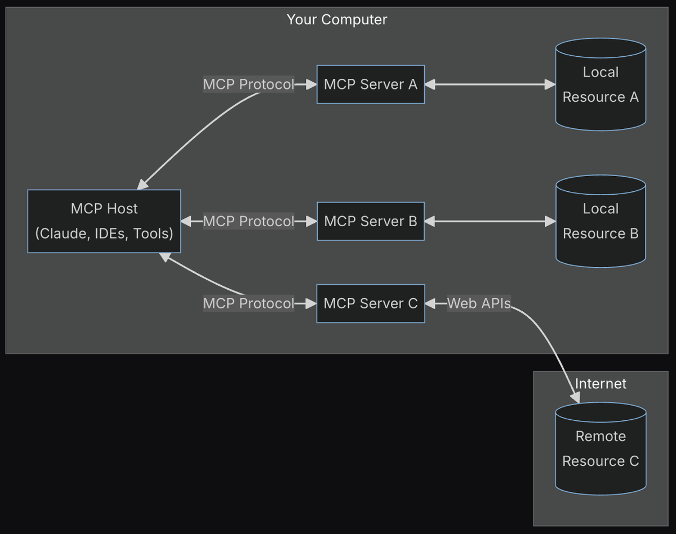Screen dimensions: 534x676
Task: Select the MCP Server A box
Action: point(370,84)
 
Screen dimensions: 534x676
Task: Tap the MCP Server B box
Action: point(370,221)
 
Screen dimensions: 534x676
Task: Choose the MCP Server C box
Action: point(370,303)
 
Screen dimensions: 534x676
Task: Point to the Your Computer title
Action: point(337,20)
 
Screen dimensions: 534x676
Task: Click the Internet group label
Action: point(601,384)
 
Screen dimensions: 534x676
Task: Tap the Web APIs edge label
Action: point(479,304)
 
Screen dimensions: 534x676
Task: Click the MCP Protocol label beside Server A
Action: point(248,84)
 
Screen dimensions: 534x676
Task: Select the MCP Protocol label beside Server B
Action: point(248,221)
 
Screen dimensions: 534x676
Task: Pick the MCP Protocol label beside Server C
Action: point(248,303)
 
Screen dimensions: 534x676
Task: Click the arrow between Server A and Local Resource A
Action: point(490,84)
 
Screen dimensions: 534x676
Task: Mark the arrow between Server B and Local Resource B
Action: point(490,221)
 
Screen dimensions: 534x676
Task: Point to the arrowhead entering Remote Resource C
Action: point(575,397)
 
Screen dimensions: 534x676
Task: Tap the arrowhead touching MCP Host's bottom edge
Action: point(164,257)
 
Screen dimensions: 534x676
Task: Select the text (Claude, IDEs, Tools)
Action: point(104,233)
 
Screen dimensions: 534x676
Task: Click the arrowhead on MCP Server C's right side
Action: point(430,304)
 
